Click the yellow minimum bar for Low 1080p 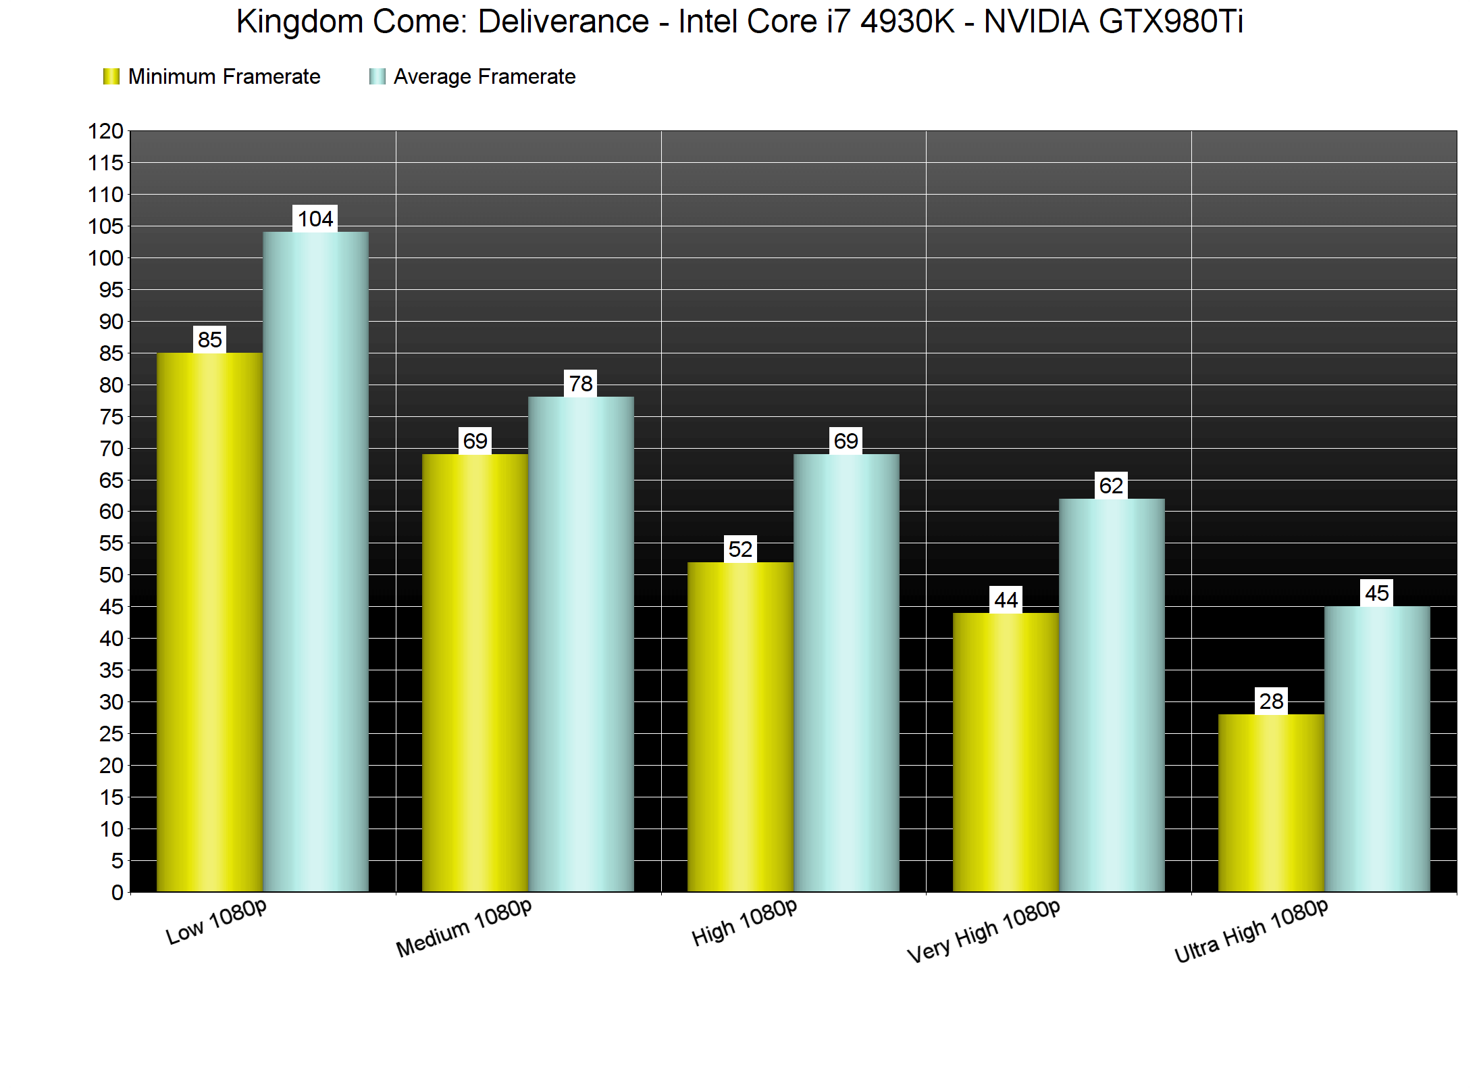209,622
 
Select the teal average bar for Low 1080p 315,561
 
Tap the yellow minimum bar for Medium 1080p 475,672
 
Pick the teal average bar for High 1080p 846,672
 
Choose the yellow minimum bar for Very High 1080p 1006,751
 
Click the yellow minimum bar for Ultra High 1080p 1271,803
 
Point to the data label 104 315,219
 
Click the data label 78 581,384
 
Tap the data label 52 740,549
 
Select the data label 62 1112,485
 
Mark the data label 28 1271,701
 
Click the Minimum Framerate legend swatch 111,76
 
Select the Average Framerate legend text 484,76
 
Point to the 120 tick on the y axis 106,131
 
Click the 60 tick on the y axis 111,512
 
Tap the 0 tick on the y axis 118,892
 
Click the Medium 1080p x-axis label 464,929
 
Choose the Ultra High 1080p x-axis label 1251,931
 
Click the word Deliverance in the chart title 563,22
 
